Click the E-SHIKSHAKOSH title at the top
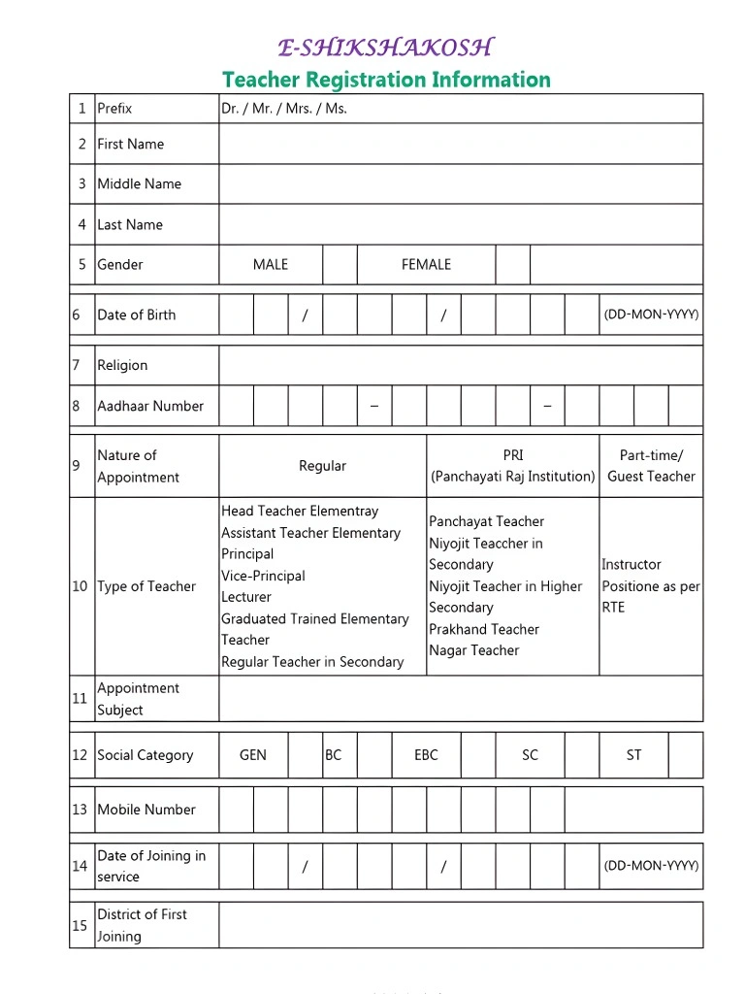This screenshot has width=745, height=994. [x=385, y=48]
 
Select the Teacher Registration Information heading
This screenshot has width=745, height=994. [x=386, y=80]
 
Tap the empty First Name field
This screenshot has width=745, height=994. [x=460, y=144]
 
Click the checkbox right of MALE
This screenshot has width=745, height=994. [x=340, y=264]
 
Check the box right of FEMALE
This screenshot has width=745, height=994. [x=512, y=264]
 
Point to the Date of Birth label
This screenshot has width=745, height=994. [x=137, y=315]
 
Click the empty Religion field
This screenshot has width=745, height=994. [x=460, y=365]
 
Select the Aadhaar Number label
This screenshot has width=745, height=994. [x=150, y=406]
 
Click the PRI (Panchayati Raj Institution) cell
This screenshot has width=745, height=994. [x=512, y=466]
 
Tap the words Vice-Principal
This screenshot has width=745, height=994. [x=263, y=576]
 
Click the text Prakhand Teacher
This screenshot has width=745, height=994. [x=484, y=629]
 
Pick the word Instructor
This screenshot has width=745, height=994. [x=632, y=564]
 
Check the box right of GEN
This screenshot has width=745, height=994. [x=305, y=755]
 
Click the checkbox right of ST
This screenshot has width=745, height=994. [x=686, y=755]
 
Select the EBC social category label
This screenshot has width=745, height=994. [x=426, y=755]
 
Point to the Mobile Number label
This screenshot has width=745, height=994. [x=146, y=810]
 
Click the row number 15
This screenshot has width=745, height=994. [x=80, y=925]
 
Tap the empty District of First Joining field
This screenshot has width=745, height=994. [x=460, y=925]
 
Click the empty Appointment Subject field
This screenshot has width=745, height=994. [x=460, y=699]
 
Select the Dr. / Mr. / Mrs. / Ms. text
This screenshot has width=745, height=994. [x=284, y=109]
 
